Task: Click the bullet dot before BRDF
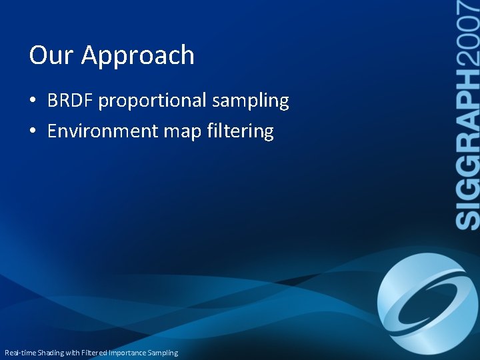point(33,101)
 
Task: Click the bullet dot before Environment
point(33,131)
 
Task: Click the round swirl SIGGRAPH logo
point(427,303)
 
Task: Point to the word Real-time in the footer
point(20,353)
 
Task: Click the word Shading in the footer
point(51,353)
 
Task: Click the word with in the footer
point(73,353)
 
